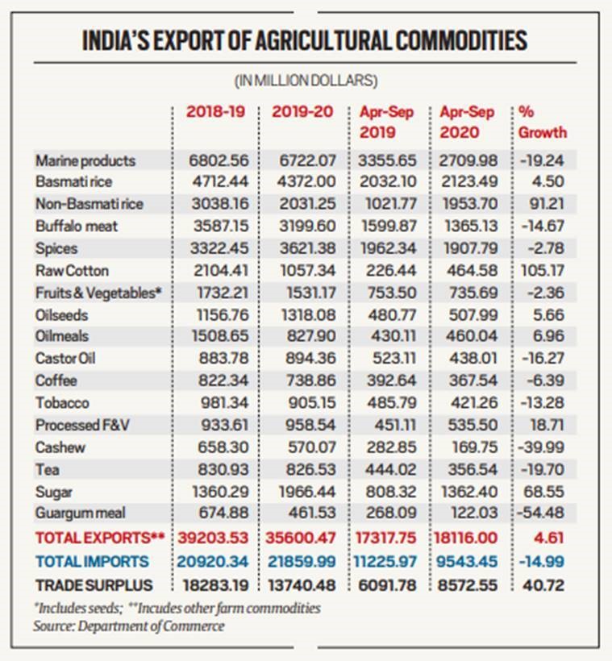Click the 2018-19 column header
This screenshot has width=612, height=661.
[215, 112]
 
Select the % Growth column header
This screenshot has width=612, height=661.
[542, 122]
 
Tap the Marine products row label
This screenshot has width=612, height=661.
[85, 160]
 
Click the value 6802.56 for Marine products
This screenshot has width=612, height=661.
[216, 160]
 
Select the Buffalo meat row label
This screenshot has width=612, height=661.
[77, 226]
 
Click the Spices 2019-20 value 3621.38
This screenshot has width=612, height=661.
[302, 248]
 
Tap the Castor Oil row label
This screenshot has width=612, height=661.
[65, 358]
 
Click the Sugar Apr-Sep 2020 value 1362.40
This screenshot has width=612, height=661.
[468, 490]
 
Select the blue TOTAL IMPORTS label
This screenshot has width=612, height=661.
[91, 561]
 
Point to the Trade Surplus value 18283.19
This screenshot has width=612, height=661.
[214, 584]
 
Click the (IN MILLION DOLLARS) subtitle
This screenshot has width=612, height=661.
[306, 81]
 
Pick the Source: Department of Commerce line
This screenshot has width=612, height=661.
[129, 626]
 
